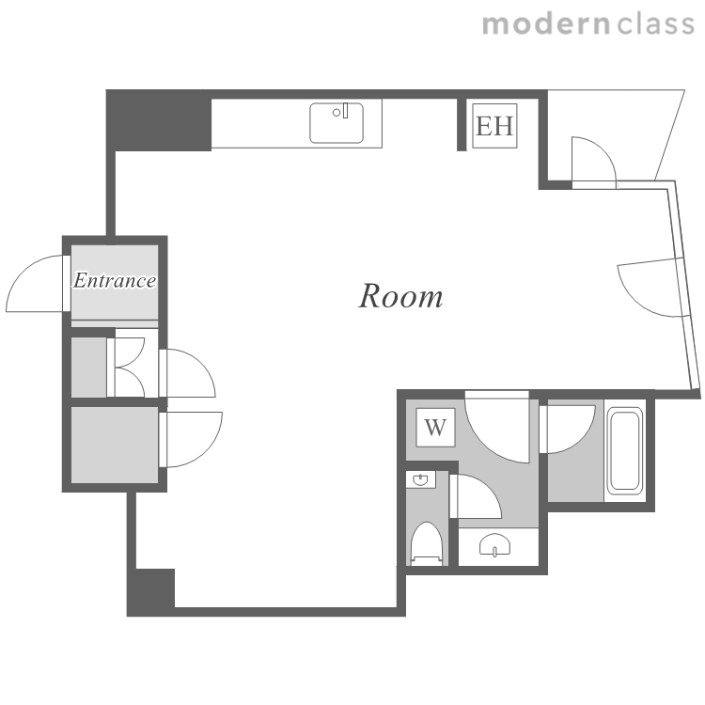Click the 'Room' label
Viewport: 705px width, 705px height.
(400, 297)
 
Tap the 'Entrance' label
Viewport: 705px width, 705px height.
(115, 280)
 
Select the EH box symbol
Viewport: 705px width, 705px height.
(494, 125)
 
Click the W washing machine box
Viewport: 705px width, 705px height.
(435, 427)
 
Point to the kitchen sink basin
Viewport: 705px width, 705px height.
(337, 123)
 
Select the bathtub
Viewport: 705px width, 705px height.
(624, 449)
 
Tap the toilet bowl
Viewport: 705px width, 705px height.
(427, 543)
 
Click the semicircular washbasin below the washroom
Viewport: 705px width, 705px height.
(495, 544)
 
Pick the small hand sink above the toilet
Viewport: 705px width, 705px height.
(421, 479)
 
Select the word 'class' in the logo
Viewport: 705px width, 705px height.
(655, 24)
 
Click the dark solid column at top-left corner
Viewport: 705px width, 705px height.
(159, 120)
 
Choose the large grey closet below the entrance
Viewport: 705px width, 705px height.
(115, 446)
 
